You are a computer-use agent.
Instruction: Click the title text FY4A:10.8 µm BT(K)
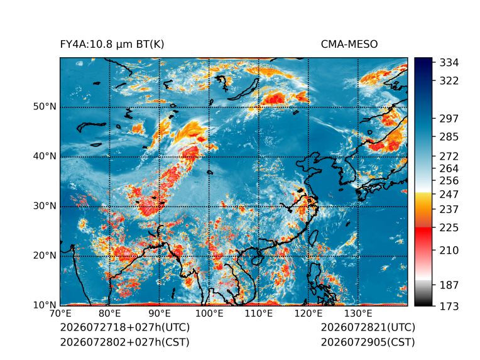click(x=112, y=45)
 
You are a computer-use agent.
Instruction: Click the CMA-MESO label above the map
click(x=349, y=45)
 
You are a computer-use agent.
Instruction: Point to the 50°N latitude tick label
click(x=45, y=107)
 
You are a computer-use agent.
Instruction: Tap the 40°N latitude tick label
click(x=45, y=156)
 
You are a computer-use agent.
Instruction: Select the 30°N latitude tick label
click(x=45, y=206)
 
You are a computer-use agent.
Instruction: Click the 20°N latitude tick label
click(x=45, y=256)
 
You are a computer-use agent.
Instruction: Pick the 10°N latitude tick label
click(x=45, y=305)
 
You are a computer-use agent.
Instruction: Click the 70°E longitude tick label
click(x=60, y=314)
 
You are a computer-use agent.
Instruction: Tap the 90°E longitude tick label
click(x=159, y=314)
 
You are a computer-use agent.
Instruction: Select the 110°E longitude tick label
click(x=259, y=314)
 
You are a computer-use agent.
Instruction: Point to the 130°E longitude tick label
click(x=358, y=314)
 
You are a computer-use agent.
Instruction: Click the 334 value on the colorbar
click(x=449, y=63)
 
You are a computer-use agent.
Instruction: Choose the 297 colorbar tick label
click(x=449, y=119)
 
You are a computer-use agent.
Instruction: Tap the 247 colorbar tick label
click(x=449, y=195)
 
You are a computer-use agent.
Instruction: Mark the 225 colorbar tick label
click(x=449, y=228)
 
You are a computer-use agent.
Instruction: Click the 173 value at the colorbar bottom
click(x=449, y=307)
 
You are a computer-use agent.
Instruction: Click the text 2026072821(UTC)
click(x=368, y=327)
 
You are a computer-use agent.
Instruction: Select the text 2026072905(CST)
click(x=368, y=342)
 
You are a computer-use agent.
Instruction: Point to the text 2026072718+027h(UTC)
click(x=125, y=327)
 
